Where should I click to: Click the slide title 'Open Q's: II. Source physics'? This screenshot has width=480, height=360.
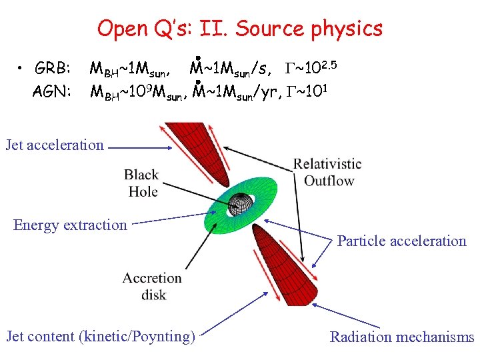click(x=240, y=29)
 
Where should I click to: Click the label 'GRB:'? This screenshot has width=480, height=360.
click(x=53, y=69)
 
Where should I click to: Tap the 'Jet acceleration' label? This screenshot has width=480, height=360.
click(x=55, y=145)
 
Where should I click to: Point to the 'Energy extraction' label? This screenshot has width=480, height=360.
click(x=70, y=225)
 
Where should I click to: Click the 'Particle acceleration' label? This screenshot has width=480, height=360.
click(x=401, y=241)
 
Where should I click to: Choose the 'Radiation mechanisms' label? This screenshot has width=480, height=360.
click(x=402, y=337)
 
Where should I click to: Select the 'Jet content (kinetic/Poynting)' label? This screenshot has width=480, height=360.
click(x=101, y=336)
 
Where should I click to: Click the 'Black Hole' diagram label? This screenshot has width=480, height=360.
click(x=141, y=183)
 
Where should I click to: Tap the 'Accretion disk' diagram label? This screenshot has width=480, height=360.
click(x=153, y=285)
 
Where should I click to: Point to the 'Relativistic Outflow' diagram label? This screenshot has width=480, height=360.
click(x=327, y=172)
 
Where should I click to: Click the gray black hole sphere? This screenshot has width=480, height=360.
click(x=239, y=203)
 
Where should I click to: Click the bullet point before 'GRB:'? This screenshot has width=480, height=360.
click(x=21, y=69)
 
